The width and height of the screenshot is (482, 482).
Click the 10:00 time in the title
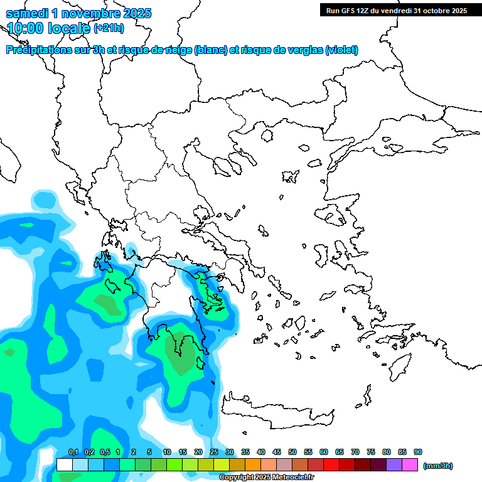[23, 28]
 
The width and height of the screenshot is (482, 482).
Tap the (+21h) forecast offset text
[109, 28]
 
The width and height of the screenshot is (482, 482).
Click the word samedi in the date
[29, 13]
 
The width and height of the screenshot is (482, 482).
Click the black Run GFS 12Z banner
[396, 10]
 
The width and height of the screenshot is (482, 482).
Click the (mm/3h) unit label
[438, 466]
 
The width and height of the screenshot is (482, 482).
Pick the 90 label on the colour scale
[418, 452]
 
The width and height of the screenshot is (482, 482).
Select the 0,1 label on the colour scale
[73, 452]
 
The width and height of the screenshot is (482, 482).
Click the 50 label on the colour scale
[292, 452]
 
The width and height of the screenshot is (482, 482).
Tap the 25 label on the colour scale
[214, 452]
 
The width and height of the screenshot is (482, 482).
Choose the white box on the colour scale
[64, 464]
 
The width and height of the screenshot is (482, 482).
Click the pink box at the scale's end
[410, 464]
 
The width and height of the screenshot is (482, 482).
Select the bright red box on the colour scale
[331, 464]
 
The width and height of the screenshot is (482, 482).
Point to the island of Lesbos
[333, 216]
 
